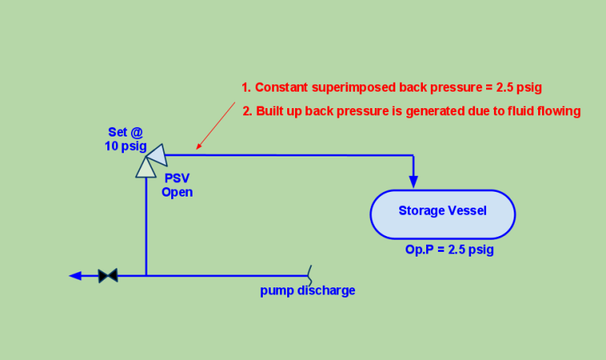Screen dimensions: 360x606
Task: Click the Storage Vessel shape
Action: point(442,214)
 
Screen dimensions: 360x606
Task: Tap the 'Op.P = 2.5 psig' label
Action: point(449,249)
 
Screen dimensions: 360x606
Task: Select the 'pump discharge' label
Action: point(308,291)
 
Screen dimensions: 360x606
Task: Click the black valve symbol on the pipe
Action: point(108,276)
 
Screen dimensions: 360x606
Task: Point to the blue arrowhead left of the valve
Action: point(76,276)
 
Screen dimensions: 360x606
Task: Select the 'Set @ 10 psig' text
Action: point(125,140)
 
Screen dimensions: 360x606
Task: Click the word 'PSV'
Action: point(177,179)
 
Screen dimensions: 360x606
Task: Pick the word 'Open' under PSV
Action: point(177,192)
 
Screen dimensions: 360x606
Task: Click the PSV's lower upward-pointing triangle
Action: point(146,167)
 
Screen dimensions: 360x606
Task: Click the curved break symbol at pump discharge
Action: point(309,275)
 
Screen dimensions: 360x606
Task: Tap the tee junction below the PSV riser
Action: point(146,276)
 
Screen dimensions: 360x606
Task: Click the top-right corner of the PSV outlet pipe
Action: point(413,155)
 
